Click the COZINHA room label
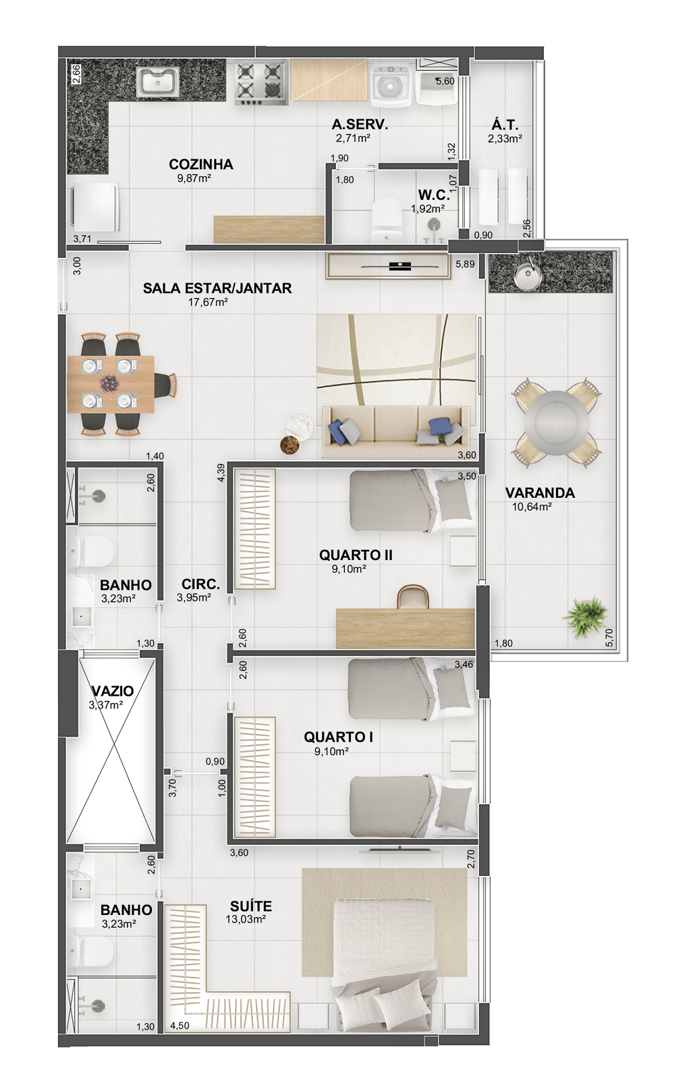(201, 164)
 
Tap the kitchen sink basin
(158, 82)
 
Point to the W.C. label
(434, 195)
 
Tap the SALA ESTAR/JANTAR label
(217, 288)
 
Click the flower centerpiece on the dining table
(109, 384)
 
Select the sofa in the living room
(395, 431)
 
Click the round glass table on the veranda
(556, 422)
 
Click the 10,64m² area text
(532, 507)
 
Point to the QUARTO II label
(356, 555)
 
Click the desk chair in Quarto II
(412, 597)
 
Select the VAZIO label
(112, 691)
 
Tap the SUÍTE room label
(250, 906)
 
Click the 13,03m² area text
(246, 919)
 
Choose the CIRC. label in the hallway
(200, 584)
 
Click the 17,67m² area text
(208, 302)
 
